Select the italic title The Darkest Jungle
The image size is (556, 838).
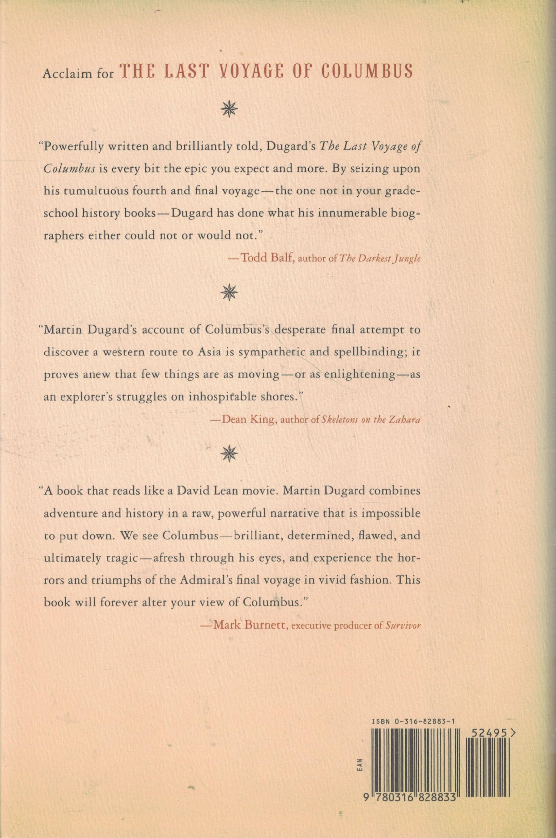(380, 258)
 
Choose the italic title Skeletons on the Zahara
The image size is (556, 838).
(371, 420)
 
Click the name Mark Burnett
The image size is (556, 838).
(250, 625)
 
